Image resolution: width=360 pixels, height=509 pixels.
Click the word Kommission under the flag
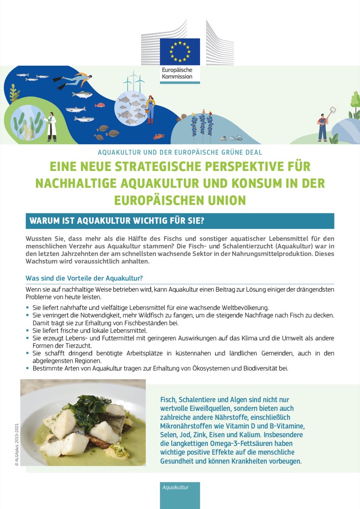click(x=177, y=77)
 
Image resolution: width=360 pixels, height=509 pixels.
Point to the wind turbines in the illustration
click(x=134, y=81)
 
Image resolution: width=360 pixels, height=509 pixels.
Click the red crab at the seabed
click(x=159, y=136)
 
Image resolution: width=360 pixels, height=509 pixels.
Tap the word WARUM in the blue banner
click(x=47, y=221)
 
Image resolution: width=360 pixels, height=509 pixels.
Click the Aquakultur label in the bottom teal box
click(x=175, y=488)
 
